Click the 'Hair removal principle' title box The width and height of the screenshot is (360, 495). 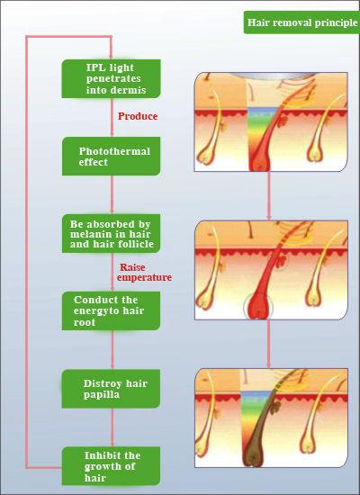[x=301, y=22]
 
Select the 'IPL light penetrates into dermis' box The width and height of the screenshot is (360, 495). [x=112, y=78]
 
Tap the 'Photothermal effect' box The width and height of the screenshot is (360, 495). [x=112, y=157]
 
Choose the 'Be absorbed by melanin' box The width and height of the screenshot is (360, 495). [x=112, y=234]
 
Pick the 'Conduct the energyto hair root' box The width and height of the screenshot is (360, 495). [x=112, y=311]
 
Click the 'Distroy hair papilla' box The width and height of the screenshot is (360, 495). [x=112, y=389]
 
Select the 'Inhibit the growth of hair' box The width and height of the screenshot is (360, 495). [x=112, y=466]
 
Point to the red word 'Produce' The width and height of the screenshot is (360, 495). [x=138, y=116]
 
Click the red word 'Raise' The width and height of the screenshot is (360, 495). [x=132, y=267]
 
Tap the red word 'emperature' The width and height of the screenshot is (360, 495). [x=144, y=277]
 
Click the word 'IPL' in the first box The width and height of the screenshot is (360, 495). [x=94, y=67]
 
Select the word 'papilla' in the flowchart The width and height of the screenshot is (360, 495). [x=102, y=395]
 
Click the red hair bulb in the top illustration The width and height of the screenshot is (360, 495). [x=259, y=161]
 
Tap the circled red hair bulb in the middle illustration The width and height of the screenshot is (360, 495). [x=259, y=307]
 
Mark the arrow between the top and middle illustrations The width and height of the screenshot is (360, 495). [x=269, y=195]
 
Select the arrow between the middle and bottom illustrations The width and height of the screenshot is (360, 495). [x=268, y=344]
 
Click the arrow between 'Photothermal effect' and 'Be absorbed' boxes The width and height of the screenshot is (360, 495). [x=112, y=194]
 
